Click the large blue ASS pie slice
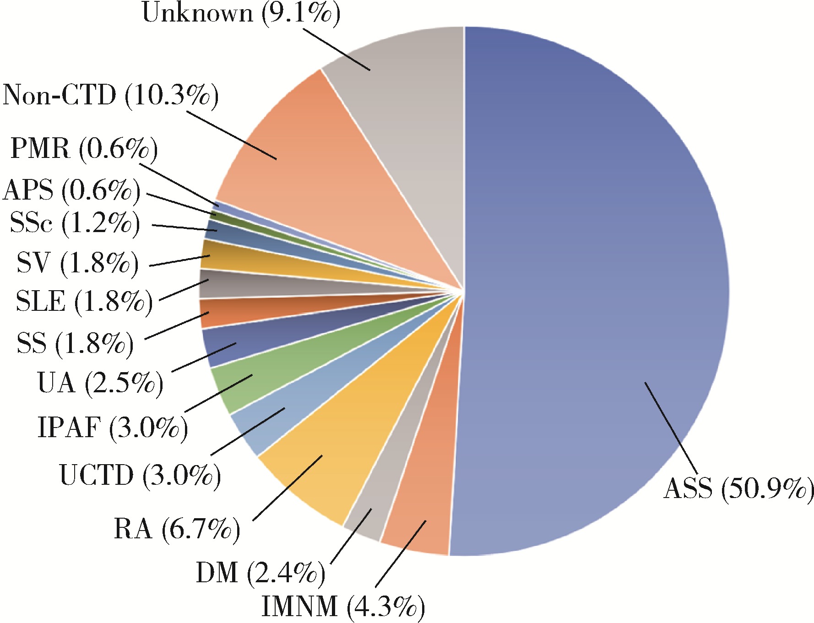595,275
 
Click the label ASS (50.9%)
738,489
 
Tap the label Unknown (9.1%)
241,13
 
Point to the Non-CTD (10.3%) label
110,96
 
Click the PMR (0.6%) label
84,149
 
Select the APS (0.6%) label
71,190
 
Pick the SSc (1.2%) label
75,223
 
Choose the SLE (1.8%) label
84,302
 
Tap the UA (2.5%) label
100,383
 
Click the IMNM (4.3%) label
343,607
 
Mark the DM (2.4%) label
260,573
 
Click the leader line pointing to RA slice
287,488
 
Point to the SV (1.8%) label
77,263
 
